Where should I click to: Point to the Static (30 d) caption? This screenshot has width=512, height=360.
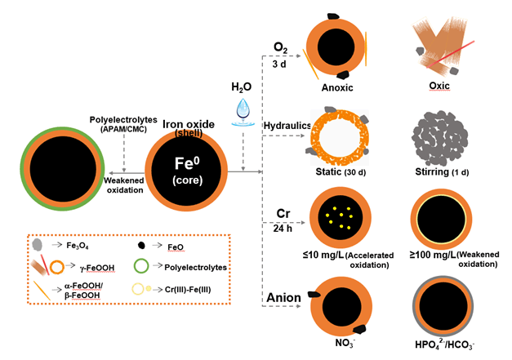pyautogui.click(x=336, y=172)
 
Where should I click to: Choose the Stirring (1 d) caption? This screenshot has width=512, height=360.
pyautogui.click(x=441, y=172)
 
